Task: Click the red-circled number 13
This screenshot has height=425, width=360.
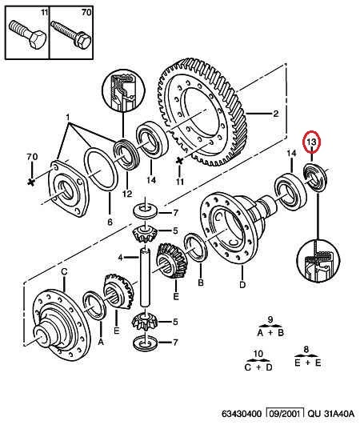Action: coord(311,142)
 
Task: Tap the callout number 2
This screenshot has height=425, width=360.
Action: coord(275,114)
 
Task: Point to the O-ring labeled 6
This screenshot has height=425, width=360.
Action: coord(101,170)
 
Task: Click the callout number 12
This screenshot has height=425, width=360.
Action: coord(127,194)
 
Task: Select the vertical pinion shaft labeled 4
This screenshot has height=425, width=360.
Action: coord(145,278)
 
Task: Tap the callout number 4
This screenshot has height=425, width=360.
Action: coord(121,258)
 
